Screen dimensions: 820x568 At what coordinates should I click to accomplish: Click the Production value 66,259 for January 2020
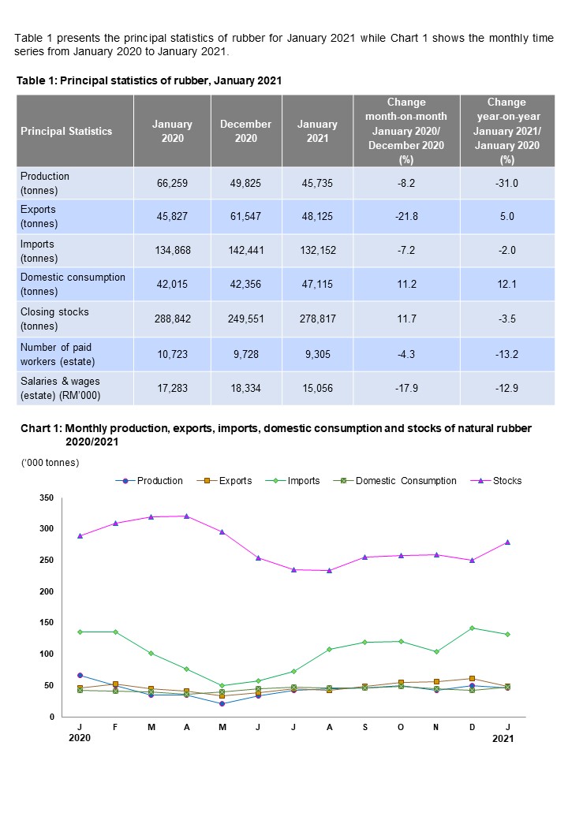pyautogui.click(x=172, y=183)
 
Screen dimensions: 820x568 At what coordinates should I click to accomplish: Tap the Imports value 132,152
pyautogui.click(x=317, y=251)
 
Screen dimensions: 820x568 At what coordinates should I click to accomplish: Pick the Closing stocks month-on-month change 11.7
pyautogui.click(x=406, y=319)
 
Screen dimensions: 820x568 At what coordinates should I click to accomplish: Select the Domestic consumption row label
pyautogui.click(x=73, y=284)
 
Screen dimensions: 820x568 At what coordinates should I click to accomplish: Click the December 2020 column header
pyautogui.click(x=245, y=131)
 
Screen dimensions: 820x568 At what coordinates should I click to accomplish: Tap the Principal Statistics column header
pyautogui.click(x=66, y=132)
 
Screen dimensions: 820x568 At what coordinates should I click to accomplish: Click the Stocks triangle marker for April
pyautogui.click(x=187, y=516)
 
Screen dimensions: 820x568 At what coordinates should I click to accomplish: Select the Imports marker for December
pyautogui.click(x=473, y=628)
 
